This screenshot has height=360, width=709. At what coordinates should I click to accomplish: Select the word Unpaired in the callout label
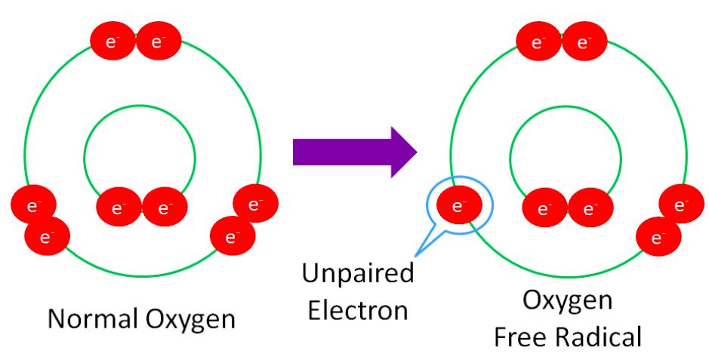[x=357, y=274]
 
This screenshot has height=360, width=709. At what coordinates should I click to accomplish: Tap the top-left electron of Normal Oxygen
[x=113, y=43]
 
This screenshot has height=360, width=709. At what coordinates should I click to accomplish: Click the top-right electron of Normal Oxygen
[x=157, y=43]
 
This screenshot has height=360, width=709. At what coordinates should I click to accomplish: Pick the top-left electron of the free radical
[x=539, y=43]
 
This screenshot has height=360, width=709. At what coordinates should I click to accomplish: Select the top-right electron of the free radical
[x=582, y=43]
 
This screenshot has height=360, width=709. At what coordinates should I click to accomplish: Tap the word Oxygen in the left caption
[x=191, y=319]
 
